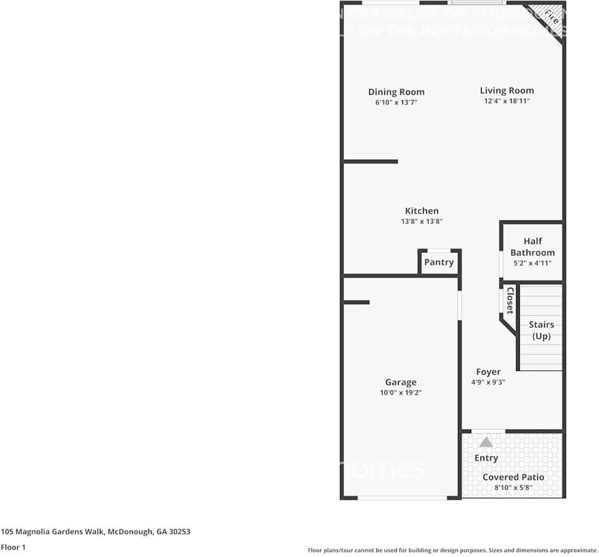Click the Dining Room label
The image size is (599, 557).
point(396,92)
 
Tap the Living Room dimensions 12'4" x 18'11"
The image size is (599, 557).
point(507,101)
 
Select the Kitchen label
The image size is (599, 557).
point(422,211)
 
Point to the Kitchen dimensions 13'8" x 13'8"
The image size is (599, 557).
point(422,222)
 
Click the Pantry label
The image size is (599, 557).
point(439,262)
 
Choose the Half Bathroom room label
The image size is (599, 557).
point(532,247)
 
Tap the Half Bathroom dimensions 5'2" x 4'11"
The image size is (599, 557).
point(532,264)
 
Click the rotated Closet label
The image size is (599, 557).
point(510,300)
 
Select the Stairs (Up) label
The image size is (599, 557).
point(541,330)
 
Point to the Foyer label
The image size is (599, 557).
point(488,372)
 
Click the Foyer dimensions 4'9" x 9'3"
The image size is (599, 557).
point(488,382)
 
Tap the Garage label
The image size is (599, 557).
point(401,382)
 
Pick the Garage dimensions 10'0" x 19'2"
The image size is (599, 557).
point(401,393)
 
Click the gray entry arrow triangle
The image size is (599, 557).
point(486,442)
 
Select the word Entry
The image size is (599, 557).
point(486,458)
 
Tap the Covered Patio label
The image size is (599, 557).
point(513,477)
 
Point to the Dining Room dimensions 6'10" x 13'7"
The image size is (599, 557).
point(396,102)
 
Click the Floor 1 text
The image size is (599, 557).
point(14,547)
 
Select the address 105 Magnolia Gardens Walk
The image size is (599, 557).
point(95,532)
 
